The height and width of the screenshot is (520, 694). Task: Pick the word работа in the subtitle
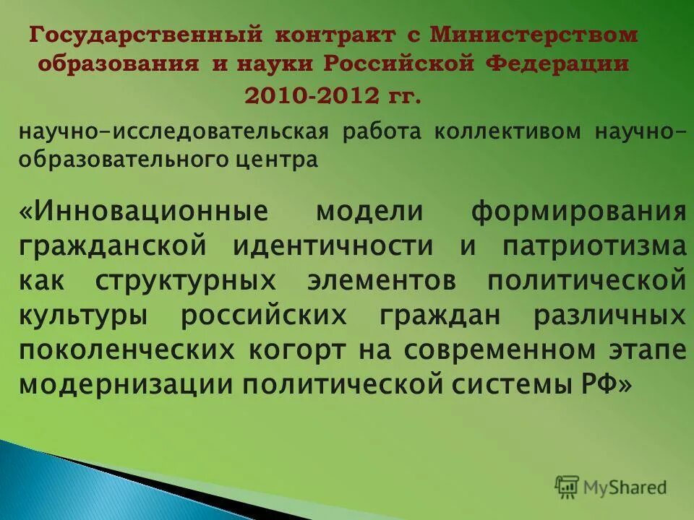[x=387, y=133]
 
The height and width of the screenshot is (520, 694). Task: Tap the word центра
[x=284, y=160]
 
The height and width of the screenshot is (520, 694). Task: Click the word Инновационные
[x=144, y=213]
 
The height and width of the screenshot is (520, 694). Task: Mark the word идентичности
[x=333, y=246]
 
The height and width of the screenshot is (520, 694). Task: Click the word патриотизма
[x=594, y=246]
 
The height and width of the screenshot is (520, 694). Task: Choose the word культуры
[x=82, y=315]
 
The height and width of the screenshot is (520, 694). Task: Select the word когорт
[x=297, y=350]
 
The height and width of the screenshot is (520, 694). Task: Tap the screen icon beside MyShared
[x=567, y=487]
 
